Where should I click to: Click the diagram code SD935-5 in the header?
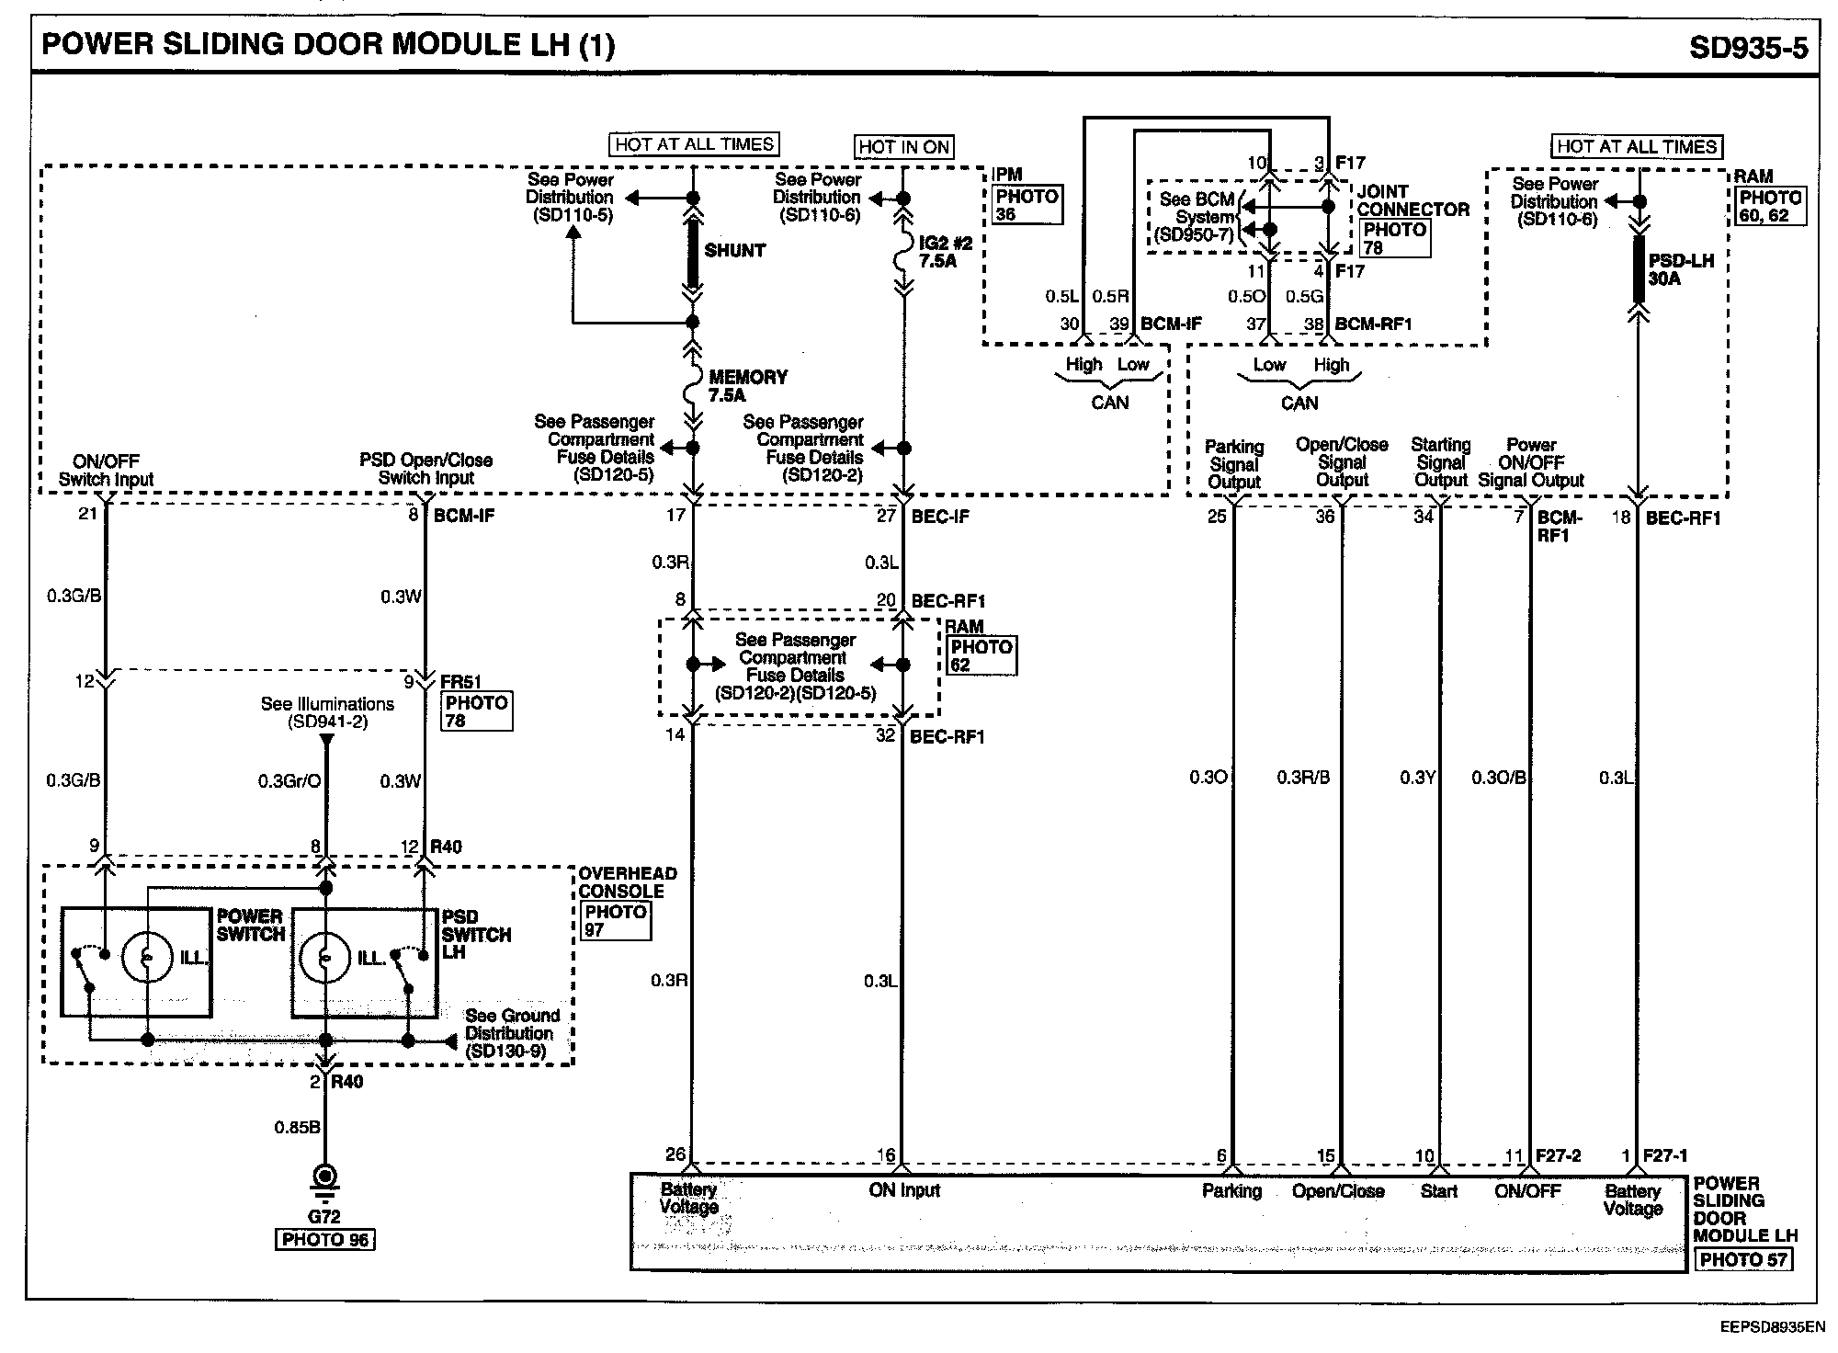(x=1748, y=47)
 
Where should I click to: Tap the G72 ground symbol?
(x=324, y=1178)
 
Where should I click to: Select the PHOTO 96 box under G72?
(x=325, y=1240)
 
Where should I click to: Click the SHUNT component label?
(x=734, y=250)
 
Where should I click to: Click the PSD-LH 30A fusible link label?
(x=1681, y=269)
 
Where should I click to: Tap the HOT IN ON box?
(x=903, y=147)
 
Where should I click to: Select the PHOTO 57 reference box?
(x=1743, y=1259)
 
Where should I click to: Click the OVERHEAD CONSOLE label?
(x=627, y=882)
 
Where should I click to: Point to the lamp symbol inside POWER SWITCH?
(x=147, y=958)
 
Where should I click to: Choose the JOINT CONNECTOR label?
(x=1413, y=200)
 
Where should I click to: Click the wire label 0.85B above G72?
(x=297, y=1127)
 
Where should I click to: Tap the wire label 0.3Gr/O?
(x=289, y=781)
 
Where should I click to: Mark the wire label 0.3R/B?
(x=1303, y=778)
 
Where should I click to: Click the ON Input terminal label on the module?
(x=904, y=1190)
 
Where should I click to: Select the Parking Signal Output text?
(x=1234, y=464)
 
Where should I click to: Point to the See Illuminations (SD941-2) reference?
(x=327, y=713)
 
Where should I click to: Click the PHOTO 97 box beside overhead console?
(x=616, y=921)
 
